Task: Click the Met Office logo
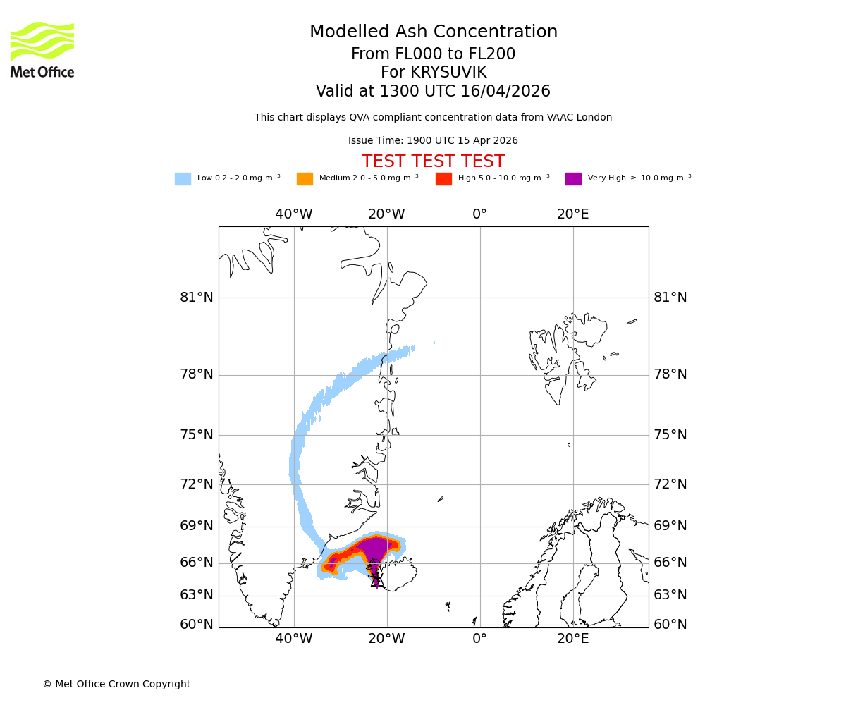42,49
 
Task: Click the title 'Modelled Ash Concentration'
433,32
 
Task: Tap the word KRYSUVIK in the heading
448,73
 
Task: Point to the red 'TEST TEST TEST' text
433,161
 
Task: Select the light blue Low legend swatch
183,178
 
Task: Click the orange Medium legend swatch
305,178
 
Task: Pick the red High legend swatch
443,178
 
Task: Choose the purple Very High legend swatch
573,178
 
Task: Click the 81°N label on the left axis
197,298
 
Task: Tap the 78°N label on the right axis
670,374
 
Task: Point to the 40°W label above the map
294,214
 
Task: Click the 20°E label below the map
573,639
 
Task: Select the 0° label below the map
480,639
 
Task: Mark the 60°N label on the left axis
197,625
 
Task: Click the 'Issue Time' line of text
433,140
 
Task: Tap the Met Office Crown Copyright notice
116,684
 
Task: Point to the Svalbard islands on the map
564,352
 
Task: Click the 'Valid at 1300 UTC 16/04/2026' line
433,92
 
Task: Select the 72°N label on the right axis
670,484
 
